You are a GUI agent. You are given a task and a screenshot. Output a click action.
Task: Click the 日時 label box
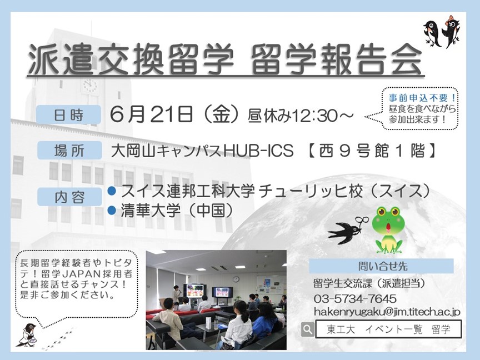(x=68, y=115)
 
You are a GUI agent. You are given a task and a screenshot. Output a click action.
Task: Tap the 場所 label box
(x=69, y=151)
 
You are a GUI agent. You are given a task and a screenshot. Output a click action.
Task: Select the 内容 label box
(x=69, y=197)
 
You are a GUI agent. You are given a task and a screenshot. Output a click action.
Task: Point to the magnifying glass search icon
(x=308, y=329)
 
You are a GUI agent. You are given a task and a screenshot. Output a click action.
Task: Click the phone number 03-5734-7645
(x=355, y=298)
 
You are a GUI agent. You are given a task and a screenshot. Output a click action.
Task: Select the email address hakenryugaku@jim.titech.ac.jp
(x=387, y=312)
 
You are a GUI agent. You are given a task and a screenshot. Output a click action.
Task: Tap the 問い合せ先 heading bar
(x=381, y=266)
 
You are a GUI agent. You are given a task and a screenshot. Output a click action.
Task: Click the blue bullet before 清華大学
(x=112, y=211)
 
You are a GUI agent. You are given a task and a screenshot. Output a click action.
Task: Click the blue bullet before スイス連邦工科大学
(x=112, y=191)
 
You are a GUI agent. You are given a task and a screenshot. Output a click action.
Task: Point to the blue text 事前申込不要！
(x=423, y=98)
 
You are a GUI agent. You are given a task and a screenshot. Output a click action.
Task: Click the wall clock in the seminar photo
(x=236, y=279)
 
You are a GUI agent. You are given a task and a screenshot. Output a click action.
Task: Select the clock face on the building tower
(x=90, y=86)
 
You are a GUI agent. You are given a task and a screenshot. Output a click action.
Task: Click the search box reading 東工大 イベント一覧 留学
(x=388, y=329)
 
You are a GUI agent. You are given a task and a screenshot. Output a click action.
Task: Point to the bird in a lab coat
(x=28, y=335)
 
